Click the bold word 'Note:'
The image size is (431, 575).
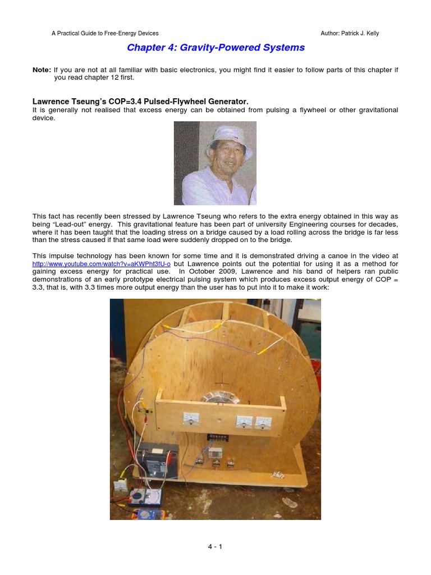(42, 70)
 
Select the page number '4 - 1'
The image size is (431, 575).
(215, 546)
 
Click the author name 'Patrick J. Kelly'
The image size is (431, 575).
(357, 33)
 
